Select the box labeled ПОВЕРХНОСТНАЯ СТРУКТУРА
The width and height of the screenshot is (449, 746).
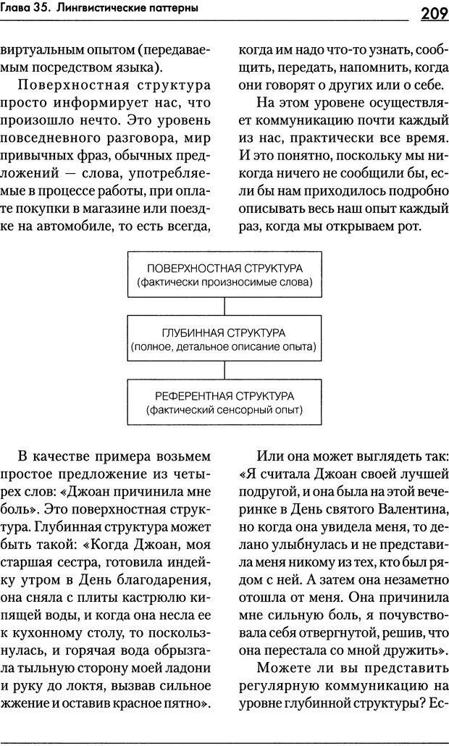click(x=224, y=274)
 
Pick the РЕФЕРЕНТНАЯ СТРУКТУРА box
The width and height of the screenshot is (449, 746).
click(x=224, y=402)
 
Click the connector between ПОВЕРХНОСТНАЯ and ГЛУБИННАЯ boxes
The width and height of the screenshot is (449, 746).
click(x=224, y=306)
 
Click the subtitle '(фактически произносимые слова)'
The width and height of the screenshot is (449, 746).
click(x=224, y=282)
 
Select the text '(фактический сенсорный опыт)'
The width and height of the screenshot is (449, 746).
click(x=224, y=410)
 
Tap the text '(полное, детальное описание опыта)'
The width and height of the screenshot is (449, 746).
click(x=224, y=346)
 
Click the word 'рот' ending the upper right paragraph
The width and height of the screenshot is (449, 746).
click(x=429, y=227)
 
